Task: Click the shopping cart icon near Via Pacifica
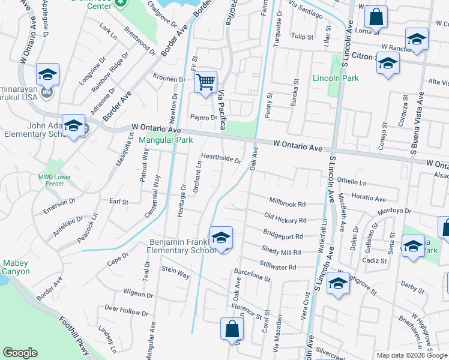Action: click(x=205, y=82)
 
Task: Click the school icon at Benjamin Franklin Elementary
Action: click(x=221, y=239)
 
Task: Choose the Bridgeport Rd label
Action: click(x=282, y=234)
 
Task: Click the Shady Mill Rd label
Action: click(x=280, y=251)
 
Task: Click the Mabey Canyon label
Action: click(x=16, y=267)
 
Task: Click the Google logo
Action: click(x=20, y=353)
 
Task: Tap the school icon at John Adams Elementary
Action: click(x=73, y=127)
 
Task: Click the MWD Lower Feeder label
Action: click(x=55, y=181)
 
